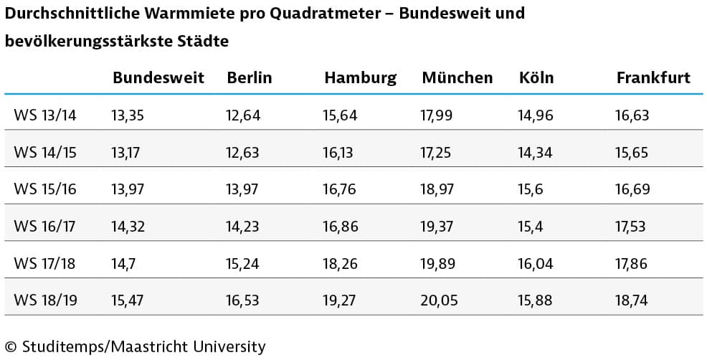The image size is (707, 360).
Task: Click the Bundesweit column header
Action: pyautogui.click(x=158, y=78)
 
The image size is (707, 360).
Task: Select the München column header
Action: pyautogui.click(x=457, y=78)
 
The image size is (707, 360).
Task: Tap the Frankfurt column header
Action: pyautogui.click(x=653, y=78)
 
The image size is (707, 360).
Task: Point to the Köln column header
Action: pyautogui.click(x=536, y=78)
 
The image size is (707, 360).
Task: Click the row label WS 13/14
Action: pyautogui.click(x=44, y=115)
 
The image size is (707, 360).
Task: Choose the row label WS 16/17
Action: pyautogui.click(x=44, y=227)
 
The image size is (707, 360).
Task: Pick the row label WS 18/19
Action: pyautogui.click(x=45, y=300)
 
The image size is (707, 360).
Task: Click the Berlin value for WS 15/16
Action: pyautogui.click(x=243, y=189)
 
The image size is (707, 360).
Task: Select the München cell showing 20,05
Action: pyautogui.click(x=439, y=300)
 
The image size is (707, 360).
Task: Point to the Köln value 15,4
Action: pyautogui.click(x=531, y=227)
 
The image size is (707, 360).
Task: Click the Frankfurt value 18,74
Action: pyautogui.click(x=631, y=300)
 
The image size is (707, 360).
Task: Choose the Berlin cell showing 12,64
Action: pyautogui.click(x=243, y=115)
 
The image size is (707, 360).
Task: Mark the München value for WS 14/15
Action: pyautogui.click(x=436, y=152)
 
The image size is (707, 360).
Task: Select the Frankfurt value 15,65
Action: pyautogui.click(x=631, y=152)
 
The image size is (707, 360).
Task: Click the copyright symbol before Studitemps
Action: pyautogui.click(x=11, y=348)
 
